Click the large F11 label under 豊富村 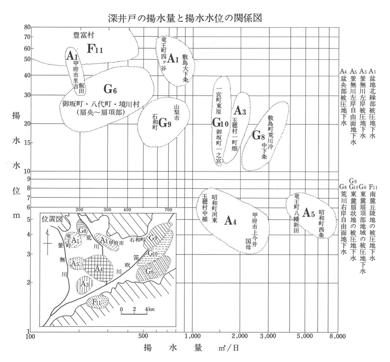(x=95, y=49)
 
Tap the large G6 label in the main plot (x=110, y=89)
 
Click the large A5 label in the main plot (x=309, y=213)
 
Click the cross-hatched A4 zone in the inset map (x=98, y=268)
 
